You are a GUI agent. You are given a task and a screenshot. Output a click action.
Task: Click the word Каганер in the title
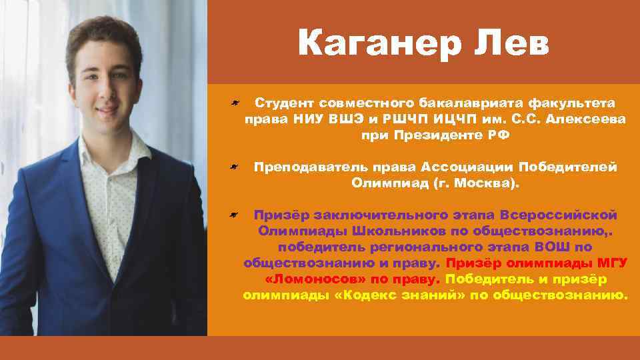point(376,45)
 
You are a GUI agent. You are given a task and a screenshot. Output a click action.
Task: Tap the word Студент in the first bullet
point(285,104)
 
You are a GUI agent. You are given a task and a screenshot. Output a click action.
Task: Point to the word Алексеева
point(589,119)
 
